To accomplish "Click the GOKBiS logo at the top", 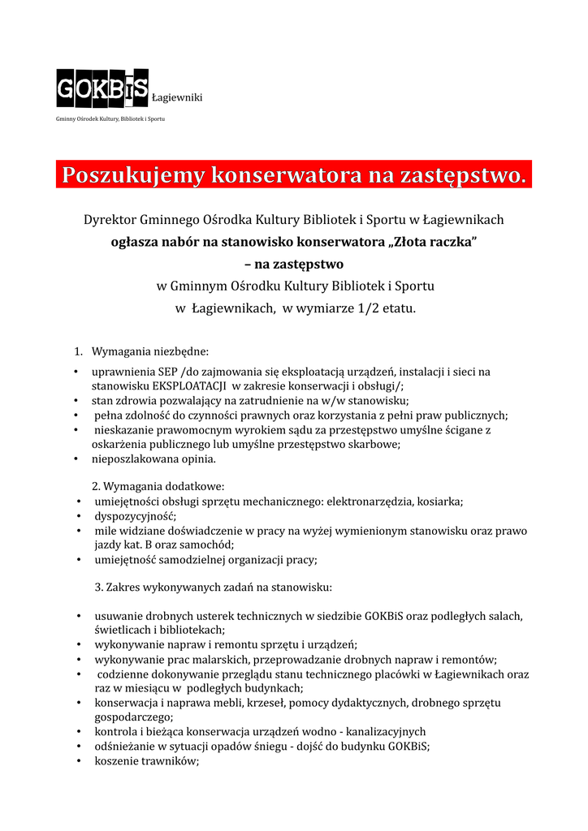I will [102, 88].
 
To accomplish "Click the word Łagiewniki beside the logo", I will [177, 98].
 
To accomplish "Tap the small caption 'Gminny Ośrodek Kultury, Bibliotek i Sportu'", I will [110, 119].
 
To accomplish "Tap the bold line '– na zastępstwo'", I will [293, 265].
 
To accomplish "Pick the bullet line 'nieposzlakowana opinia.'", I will [153, 459].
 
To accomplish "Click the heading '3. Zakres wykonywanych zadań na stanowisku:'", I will [214, 587].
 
